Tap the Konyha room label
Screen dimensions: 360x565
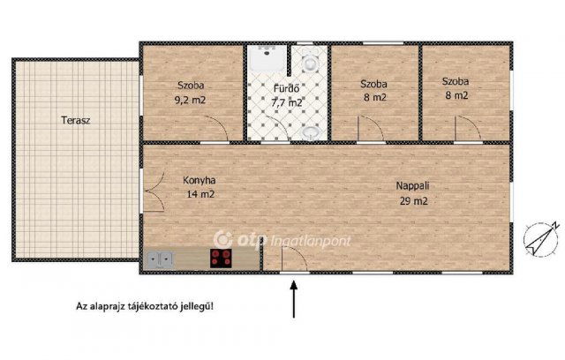pyautogui.click(x=199, y=181)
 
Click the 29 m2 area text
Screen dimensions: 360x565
pyautogui.click(x=413, y=201)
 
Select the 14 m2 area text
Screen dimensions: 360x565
pyautogui.click(x=200, y=194)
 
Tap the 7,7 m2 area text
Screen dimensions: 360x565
pyautogui.click(x=287, y=102)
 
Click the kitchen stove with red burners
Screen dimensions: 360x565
pyautogui.click(x=221, y=259)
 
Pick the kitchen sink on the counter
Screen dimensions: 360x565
pyautogui.click(x=161, y=259)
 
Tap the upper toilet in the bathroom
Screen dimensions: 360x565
pyautogui.click(x=308, y=64)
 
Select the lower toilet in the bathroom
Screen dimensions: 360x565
pyautogui.click(x=309, y=132)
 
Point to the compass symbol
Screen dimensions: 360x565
pyautogui.click(x=540, y=238)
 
